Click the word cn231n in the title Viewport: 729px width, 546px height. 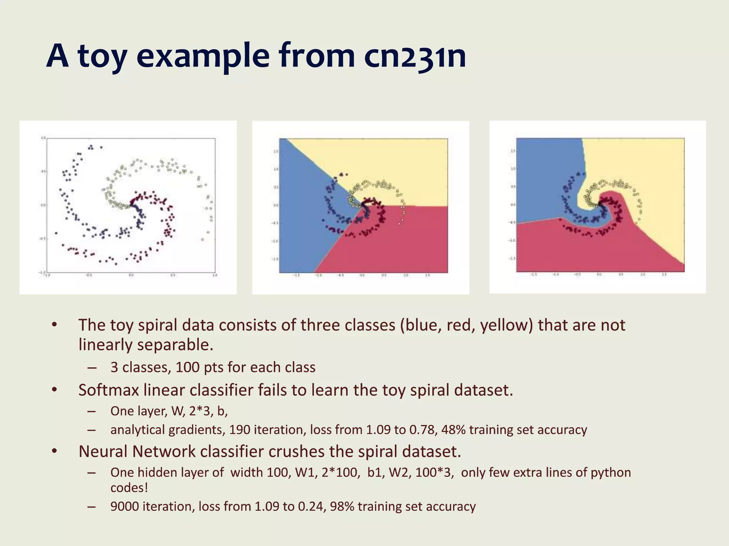pyautogui.click(x=415, y=56)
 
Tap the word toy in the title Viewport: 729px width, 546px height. pyautogui.click(x=102, y=56)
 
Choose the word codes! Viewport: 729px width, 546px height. pyautogui.click(x=129, y=488)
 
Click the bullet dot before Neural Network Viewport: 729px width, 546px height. pyautogui.click(x=54, y=451)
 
